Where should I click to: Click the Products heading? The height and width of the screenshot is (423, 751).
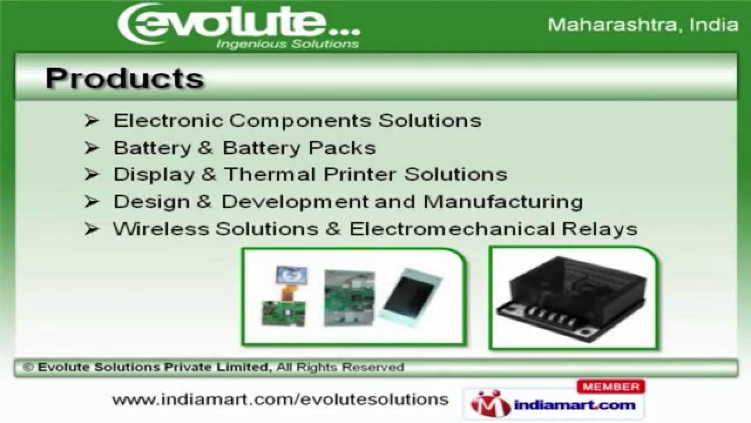(124, 79)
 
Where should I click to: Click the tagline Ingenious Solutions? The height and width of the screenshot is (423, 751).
(287, 44)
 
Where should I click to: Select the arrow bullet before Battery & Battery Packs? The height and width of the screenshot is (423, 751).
(92, 147)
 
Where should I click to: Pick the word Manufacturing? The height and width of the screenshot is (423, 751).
(503, 202)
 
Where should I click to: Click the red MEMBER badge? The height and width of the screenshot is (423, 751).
(611, 387)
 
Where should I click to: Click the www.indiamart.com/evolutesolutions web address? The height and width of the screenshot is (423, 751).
(280, 399)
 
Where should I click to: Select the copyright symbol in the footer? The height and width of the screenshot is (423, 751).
(28, 368)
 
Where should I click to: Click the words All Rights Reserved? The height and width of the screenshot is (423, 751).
(340, 368)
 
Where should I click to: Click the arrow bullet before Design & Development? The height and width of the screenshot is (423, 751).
(92, 202)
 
